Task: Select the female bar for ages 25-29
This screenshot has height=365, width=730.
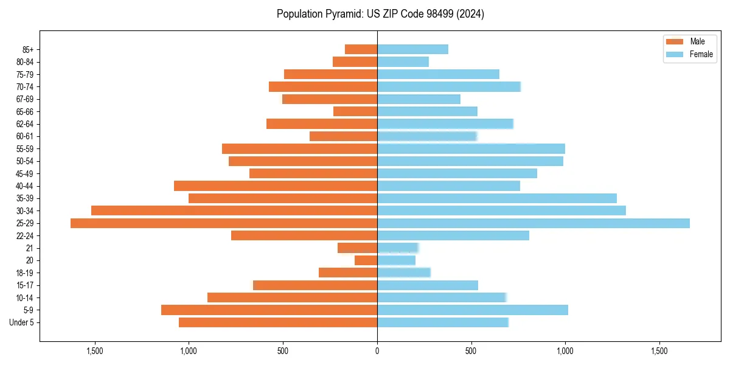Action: click(x=534, y=223)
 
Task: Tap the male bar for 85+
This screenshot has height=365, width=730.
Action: click(x=361, y=49)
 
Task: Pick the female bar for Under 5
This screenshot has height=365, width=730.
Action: click(x=443, y=322)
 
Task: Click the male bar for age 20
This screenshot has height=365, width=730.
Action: click(x=366, y=260)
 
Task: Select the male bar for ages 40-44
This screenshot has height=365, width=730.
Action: click(x=276, y=186)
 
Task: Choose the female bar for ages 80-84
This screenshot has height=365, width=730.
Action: click(x=403, y=61)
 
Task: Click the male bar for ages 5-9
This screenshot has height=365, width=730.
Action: click(x=269, y=310)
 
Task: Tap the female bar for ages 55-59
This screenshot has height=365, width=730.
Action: click(x=471, y=148)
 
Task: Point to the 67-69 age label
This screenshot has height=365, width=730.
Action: click(x=24, y=99)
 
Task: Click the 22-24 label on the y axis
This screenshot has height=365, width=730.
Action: click(x=24, y=235)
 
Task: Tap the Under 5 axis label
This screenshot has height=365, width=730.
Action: click(x=22, y=322)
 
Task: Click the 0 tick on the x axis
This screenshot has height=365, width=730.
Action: click(x=377, y=351)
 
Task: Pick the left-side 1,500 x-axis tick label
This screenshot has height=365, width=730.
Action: click(x=95, y=351)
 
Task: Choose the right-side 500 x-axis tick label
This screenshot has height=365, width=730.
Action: click(x=471, y=351)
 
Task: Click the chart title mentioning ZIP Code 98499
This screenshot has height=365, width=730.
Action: click(x=380, y=14)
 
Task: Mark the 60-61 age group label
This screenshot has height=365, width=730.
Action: click(x=24, y=136)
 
